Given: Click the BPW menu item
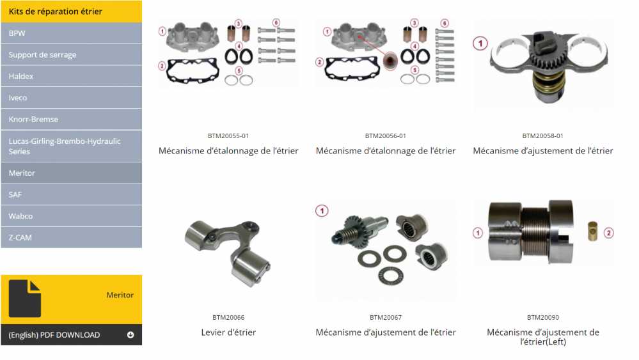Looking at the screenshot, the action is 71,33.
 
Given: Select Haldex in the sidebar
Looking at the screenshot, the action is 71,76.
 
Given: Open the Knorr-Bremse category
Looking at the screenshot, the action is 71,120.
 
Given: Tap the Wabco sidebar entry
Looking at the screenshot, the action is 71,216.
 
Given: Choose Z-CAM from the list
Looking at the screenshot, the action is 71,237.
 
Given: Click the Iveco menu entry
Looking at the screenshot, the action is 71,98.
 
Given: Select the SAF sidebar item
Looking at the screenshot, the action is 71,194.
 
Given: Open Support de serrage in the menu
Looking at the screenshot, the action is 71,54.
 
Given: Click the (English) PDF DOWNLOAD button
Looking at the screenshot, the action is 71,335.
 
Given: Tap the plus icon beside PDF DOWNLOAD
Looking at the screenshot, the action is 130,335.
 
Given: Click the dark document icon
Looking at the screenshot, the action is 25,299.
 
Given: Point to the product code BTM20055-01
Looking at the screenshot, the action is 228,136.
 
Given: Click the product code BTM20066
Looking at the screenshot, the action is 228,317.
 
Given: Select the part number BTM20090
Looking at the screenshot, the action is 543,317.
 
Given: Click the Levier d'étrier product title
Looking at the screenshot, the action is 228,333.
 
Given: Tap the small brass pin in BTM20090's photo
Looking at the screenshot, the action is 592,231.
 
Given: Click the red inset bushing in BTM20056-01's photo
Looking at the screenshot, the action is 390,61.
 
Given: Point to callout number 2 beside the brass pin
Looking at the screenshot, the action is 609,233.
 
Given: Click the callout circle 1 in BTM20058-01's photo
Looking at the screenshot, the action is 480,43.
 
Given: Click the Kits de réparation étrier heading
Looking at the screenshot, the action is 56,12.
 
